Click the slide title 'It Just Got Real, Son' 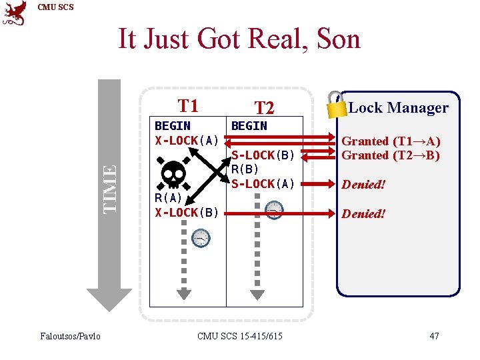[x=239, y=39]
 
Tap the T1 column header [x=188, y=105]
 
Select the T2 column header [x=265, y=108]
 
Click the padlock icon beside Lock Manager [x=337, y=104]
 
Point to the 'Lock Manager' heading [x=398, y=107]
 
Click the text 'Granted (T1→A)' [x=391, y=141]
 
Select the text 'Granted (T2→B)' [x=391, y=155]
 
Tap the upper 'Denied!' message [x=363, y=184]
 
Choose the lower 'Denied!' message [x=363, y=213]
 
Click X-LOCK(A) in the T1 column [x=187, y=140]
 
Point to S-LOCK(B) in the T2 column [x=263, y=155]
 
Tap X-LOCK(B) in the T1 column [x=187, y=213]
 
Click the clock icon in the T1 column [x=201, y=237]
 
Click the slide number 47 [x=434, y=336]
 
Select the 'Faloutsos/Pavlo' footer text [x=69, y=336]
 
